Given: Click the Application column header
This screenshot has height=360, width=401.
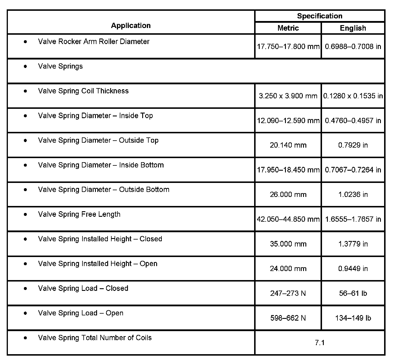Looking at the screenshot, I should pyautogui.click(x=131, y=26).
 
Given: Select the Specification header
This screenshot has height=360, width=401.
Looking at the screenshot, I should pyautogui.click(x=319, y=16).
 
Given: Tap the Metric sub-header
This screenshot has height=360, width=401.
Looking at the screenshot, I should pyautogui.click(x=288, y=28).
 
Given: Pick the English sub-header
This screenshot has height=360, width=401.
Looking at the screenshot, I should pyautogui.click(x=353, y=28).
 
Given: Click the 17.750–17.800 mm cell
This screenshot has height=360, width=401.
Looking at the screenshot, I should pyautogui.click(x=288, y=46).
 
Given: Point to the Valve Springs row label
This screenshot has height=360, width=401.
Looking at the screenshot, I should pyautogui.click(x=60, y=66).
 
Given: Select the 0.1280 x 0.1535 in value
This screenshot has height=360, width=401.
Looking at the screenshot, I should pyautogui.click(x=353, y=96).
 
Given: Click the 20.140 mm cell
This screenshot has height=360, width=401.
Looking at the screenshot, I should pyautogui.click(x=288, y=145).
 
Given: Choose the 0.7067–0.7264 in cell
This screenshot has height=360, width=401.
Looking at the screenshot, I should pyautogui.click(x=353, y=170).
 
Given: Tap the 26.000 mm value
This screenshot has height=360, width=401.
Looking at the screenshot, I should pyautogui.click(x=288, y=195).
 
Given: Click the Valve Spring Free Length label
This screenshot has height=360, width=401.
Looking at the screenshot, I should pyautogui.click(x=79, y=214).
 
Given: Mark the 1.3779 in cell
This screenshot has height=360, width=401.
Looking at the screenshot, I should pyautogui.click(x=353, y=244).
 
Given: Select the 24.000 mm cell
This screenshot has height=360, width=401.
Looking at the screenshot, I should pyautogui.click(x=288, y=269).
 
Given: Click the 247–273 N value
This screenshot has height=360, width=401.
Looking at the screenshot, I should pyautogui.click(x=288, y=293).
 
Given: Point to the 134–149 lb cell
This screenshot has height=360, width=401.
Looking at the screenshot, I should pyautogui.click(x=353, y=318).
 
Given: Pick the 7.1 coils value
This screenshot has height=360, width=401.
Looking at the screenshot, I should pyautogui.click(x=319, y=343).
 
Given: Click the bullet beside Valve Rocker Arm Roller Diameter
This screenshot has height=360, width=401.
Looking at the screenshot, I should pyautogui.click(x=26, y=42).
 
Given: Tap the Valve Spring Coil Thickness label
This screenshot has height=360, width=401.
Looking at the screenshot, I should pyautogui.click(x=83, y=91).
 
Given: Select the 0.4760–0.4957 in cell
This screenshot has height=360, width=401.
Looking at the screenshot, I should pyautogui.click(x=353, y=120).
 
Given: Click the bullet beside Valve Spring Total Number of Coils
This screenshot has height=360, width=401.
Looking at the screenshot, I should pyautogui.click(x=26, y=338).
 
